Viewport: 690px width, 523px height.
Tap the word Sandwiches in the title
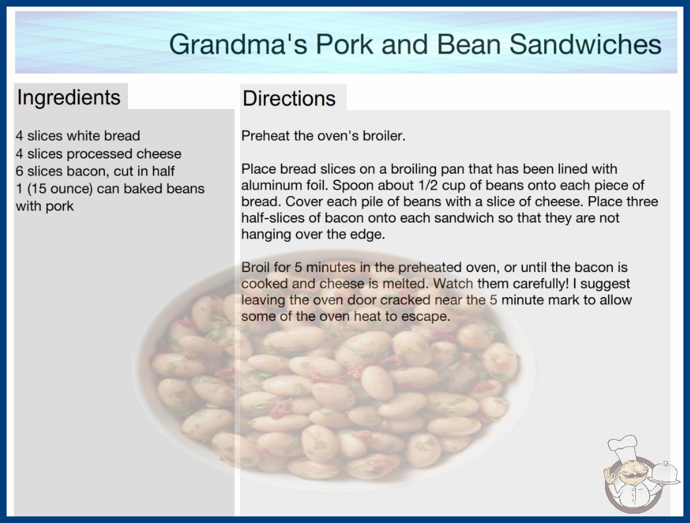585,44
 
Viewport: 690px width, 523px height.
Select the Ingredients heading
69,98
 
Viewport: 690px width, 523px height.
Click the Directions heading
289,98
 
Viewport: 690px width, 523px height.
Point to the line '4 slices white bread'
78,136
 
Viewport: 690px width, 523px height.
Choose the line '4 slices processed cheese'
98,154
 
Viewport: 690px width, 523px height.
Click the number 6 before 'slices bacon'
19,171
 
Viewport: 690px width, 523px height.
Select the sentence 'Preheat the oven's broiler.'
323,136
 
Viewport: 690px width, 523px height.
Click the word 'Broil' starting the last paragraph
255,267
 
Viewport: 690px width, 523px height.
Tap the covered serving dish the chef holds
665,472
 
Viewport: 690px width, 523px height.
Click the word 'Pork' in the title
344,44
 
